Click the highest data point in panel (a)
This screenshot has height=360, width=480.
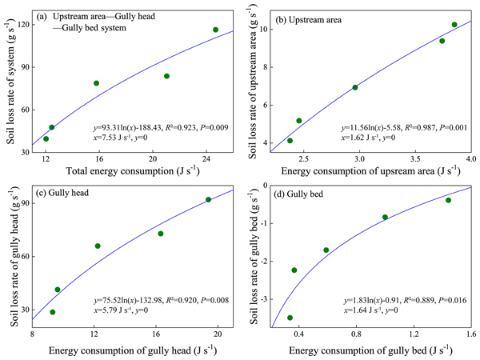[215, 30]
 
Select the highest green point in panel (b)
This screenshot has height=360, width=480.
[454, 25]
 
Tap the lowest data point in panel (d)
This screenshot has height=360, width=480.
[290, 318]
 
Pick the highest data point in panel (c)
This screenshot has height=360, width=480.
[209, 199]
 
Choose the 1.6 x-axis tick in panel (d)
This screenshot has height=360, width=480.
[470, 336]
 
